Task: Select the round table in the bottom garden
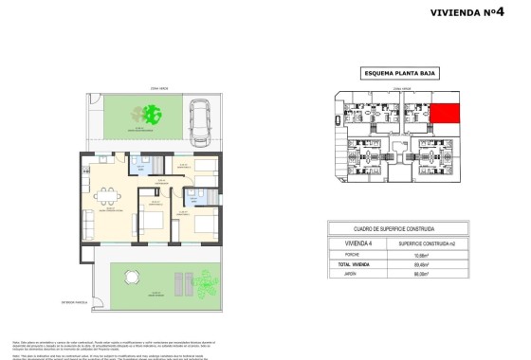click(133, 278)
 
